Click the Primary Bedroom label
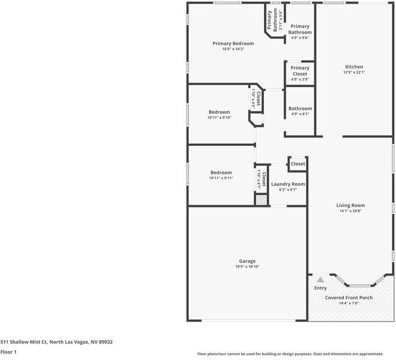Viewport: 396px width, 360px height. coord(233,43)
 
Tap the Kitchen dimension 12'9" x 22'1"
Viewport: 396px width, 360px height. coord(353,73)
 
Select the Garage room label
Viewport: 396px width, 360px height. coord(247,261)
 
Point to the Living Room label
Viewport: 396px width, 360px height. coord(350,205)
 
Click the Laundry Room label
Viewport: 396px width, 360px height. coord(288,184)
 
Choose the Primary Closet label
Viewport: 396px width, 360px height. coord(299,71)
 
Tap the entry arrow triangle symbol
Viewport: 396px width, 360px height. coord(320,279)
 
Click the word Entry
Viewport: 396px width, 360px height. coord(320,288)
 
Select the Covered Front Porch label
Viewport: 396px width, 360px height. coord(349,298)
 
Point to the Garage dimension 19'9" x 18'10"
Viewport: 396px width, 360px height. coord(247,266)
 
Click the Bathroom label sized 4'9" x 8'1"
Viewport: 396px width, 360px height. coord(300,109)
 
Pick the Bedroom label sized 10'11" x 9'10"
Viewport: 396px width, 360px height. coord(220,112)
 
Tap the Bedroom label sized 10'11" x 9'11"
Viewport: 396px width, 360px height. coord(221,173)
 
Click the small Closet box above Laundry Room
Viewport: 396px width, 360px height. coord(298,164)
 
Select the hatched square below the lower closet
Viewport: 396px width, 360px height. coord(261,200)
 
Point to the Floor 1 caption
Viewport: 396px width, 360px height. coord(8,352)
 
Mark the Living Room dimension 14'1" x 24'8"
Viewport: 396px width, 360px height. coord(350,211)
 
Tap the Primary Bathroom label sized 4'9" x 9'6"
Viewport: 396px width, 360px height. coord(299,29)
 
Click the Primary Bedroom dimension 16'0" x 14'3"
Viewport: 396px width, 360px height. coord(233,49)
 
